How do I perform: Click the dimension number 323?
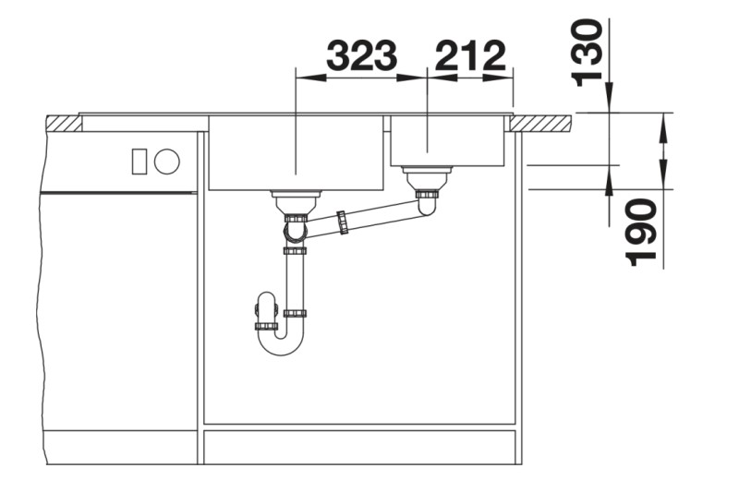point(362,55)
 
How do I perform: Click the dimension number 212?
point(470,55)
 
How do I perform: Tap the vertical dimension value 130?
point(588,53)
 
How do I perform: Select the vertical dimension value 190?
point(640,233)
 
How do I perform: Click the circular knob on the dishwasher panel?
point(167,162)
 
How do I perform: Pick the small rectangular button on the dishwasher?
point(139,162)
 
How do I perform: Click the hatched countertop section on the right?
point(542,123)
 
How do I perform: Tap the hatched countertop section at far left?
point(64,123)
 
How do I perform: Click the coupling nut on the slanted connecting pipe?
point(342,222)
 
